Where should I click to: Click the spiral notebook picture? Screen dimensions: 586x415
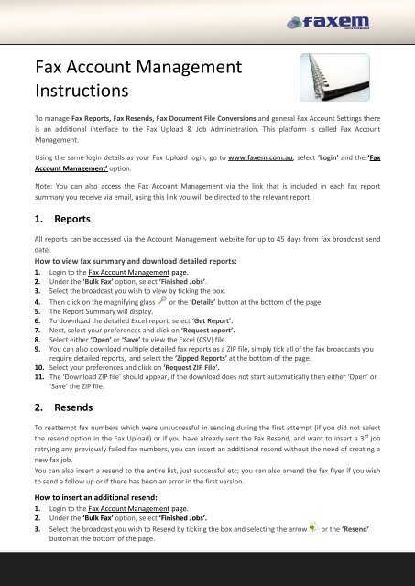pos(357,82)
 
